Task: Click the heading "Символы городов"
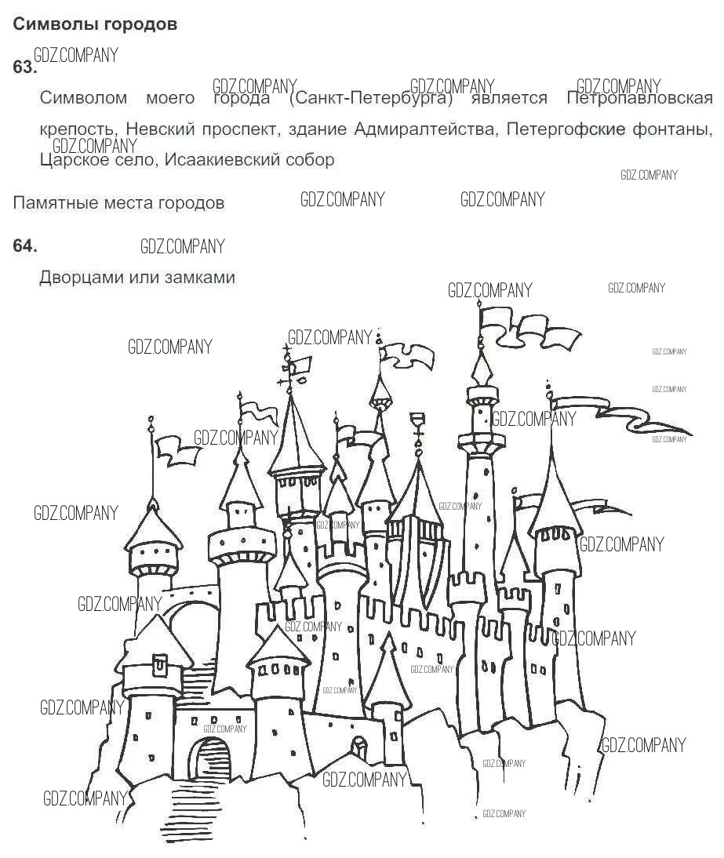(x=95, y=24)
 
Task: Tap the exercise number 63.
(x=24, y=67)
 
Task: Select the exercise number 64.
(x=24, y=245)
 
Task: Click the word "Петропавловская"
(x=640, y=98)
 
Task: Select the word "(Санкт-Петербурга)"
(x=371, y=99)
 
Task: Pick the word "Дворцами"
(x=81, y=278)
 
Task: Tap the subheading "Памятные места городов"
(x=118, y=203)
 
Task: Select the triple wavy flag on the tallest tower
(x=528, y=326)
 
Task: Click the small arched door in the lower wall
(x=359, y=747)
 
